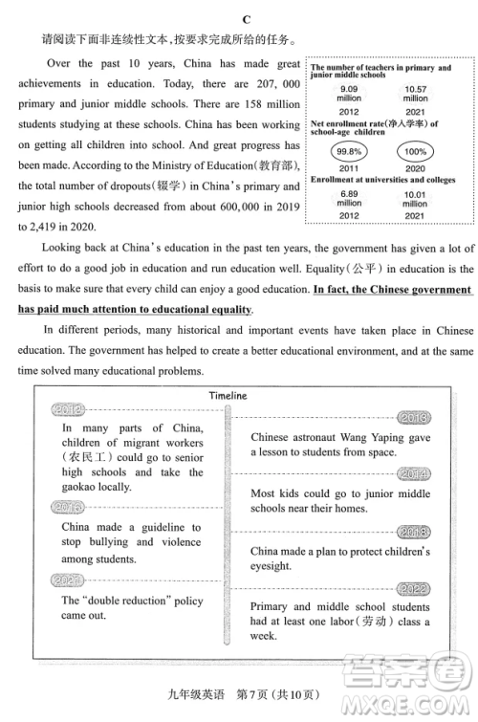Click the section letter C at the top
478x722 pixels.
246,19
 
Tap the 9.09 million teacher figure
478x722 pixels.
348,93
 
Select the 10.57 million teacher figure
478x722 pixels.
416,93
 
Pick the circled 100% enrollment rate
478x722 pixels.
416,152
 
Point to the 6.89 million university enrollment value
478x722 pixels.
348,198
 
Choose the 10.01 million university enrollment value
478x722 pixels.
416,198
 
